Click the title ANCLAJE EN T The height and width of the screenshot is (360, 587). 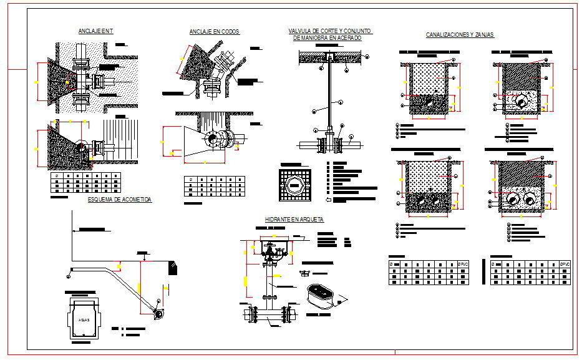click(95, 31)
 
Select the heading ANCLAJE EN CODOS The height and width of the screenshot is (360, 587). click(215, 32)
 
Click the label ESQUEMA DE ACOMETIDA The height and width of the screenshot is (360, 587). click(120, 200)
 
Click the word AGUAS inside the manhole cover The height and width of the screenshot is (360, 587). click(84, 319)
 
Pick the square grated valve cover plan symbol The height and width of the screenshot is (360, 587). click(294, 185)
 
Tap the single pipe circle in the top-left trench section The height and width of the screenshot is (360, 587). click(429, 100)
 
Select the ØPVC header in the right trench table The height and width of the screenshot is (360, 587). click(565, 265)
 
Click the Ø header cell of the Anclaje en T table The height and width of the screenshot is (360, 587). click(56, 177)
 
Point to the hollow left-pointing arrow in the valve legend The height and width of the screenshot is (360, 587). click(329, 200)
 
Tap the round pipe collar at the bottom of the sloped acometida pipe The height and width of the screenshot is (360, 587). click(160, 314)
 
